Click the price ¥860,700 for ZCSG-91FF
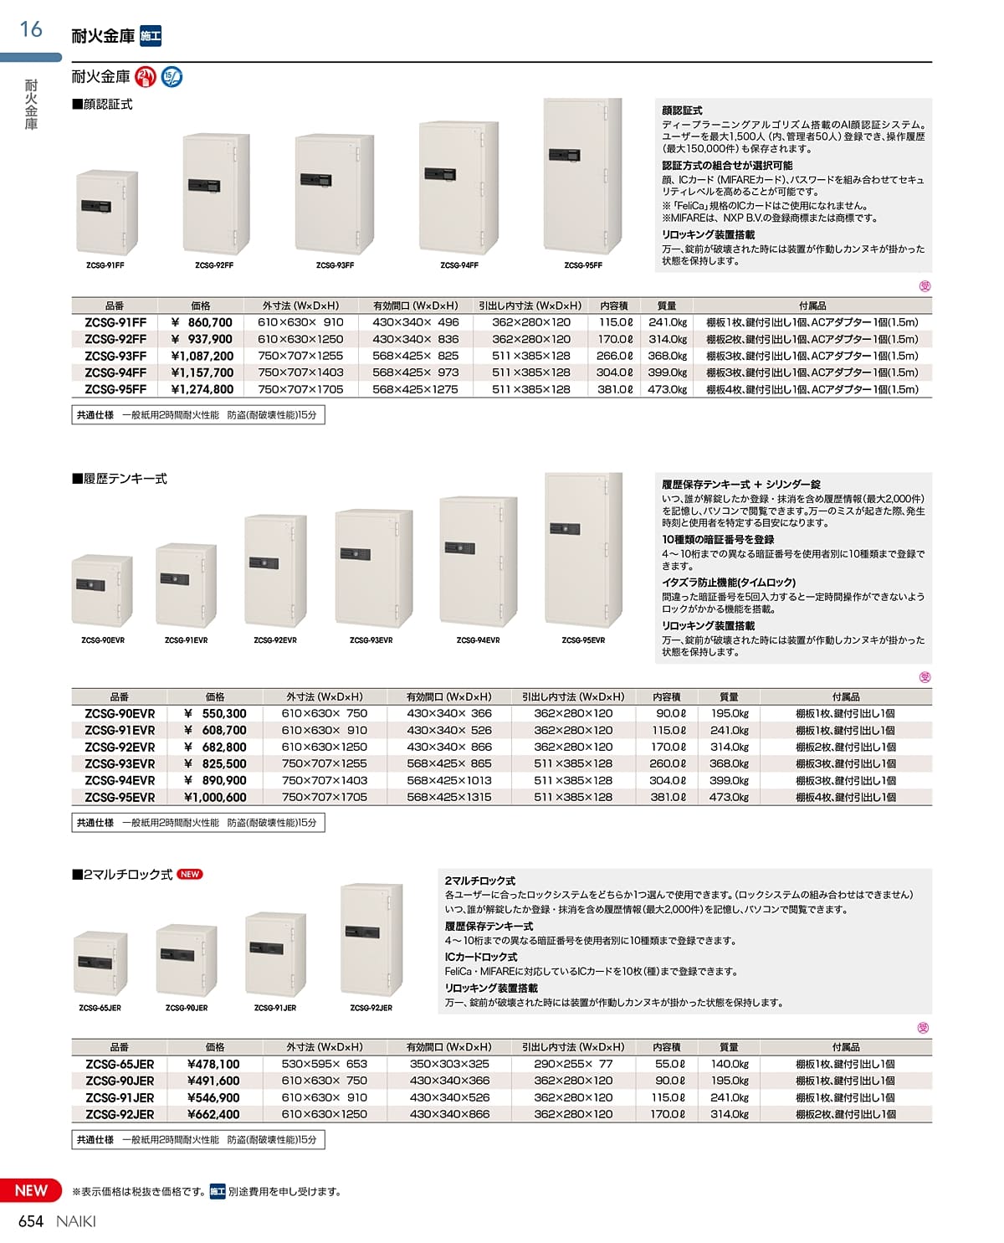click(x=202, y=322)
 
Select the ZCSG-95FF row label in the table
click(x=115, y=389)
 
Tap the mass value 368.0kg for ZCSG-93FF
click(x=667, y=356)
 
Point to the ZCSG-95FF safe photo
click(x=583, y=176)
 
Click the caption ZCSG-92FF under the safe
click(x=214, y=265)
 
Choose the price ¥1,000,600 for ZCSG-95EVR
click(x=215, y=798)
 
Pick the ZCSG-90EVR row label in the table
click(x=120, y=714)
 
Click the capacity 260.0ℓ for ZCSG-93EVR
click(x=668, y=764)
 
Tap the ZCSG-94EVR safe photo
click(x=478, y=561)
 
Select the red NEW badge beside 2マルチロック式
click(x=190, y=874)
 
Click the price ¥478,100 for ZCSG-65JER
click(x=214, y=1064)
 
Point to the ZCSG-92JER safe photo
click(x=371, y=939)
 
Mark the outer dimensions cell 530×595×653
click(x=325, y=1064)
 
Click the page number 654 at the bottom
click(x=31, y=1221)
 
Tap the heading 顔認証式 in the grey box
click(x=682, y=110)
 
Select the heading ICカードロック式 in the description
click(x=481, y=957)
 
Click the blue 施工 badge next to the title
click(x=151, y=36)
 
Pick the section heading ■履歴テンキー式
click(x=120, y=479)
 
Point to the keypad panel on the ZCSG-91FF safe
click(x=95, y=207)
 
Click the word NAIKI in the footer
click(x=76, y=1221)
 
